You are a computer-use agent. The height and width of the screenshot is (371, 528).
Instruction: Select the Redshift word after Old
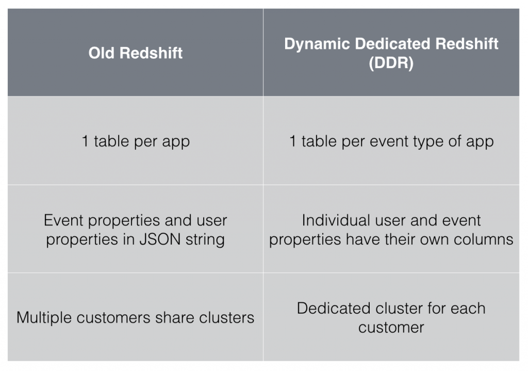[151, 53]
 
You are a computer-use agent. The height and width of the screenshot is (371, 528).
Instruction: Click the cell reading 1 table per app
[136, 141]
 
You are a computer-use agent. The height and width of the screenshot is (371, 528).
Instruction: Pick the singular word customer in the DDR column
[391, 327]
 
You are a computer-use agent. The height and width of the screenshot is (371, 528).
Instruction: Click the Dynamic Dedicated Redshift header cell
[391, 53]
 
